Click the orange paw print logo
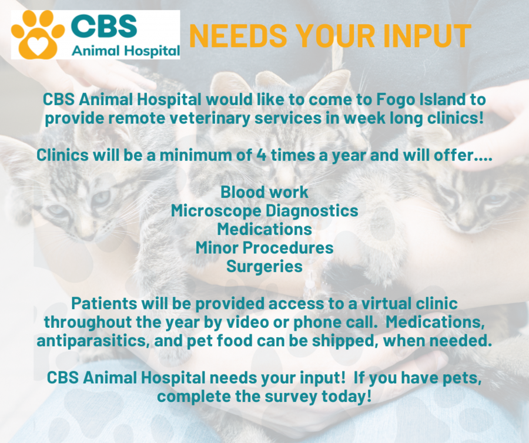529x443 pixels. tap(37, 35)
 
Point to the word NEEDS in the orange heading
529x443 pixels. tap(238, 36)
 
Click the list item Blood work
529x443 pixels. tap(264, 192)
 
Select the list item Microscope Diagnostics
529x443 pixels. tap(264, 211)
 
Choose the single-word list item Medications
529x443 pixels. tap(264, 229)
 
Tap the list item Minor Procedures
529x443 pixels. tap(264, 248)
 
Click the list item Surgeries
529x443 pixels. tap(264, 266)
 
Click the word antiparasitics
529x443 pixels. tap(93, 341)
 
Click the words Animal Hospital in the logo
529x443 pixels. tap(126, 51)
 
